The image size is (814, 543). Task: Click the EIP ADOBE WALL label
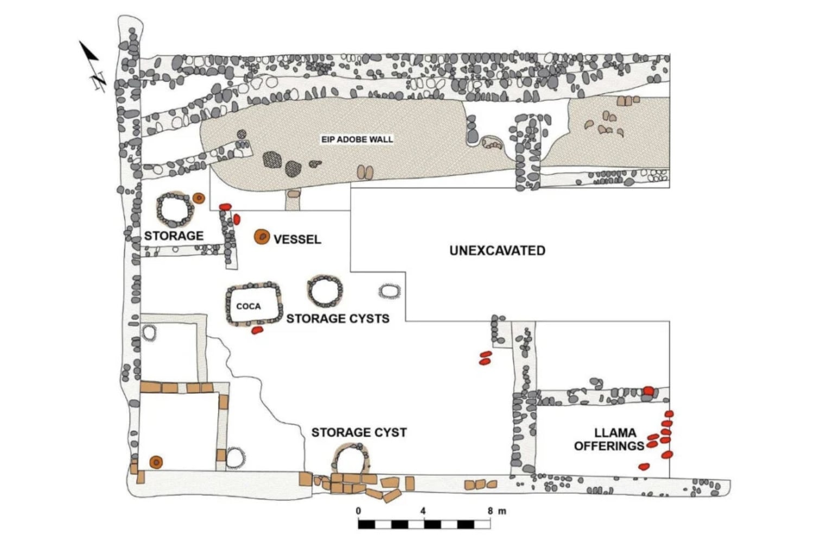357,140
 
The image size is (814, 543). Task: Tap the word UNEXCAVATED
497,250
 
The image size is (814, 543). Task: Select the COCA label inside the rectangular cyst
249,306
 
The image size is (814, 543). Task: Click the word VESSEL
297,239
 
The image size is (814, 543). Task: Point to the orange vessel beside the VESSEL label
262,237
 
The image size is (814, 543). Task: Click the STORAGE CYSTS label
338,319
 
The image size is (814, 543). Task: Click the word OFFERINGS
609,446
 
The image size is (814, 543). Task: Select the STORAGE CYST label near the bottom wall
359,432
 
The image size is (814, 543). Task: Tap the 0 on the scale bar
358,511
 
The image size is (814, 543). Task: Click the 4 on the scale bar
423,511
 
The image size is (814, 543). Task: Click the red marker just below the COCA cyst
257,330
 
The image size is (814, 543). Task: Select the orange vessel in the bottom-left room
156,462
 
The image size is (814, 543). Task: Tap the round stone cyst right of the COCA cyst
325,291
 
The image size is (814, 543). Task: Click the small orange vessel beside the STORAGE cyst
199,198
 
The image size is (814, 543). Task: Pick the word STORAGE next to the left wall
174,236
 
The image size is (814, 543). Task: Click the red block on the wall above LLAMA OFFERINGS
648,391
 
